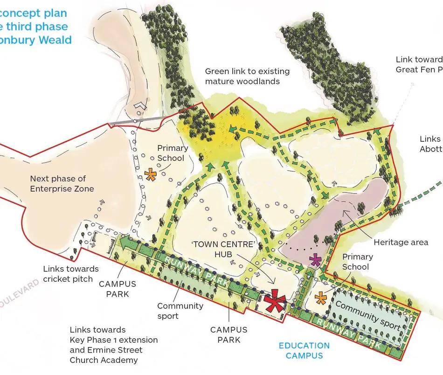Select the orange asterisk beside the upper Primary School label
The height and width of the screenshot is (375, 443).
[x=150, y=175]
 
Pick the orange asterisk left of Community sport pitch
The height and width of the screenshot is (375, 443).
[x=321, y=297]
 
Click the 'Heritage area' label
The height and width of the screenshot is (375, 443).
[x=401, y=242]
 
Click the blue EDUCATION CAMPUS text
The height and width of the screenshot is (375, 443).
[x=304, y=351]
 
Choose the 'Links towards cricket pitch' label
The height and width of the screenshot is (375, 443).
[x=70, y=274]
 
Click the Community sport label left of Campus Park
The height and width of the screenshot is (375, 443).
[x=180, y=311]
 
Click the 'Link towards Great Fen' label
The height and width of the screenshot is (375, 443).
[x=419, y=64]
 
